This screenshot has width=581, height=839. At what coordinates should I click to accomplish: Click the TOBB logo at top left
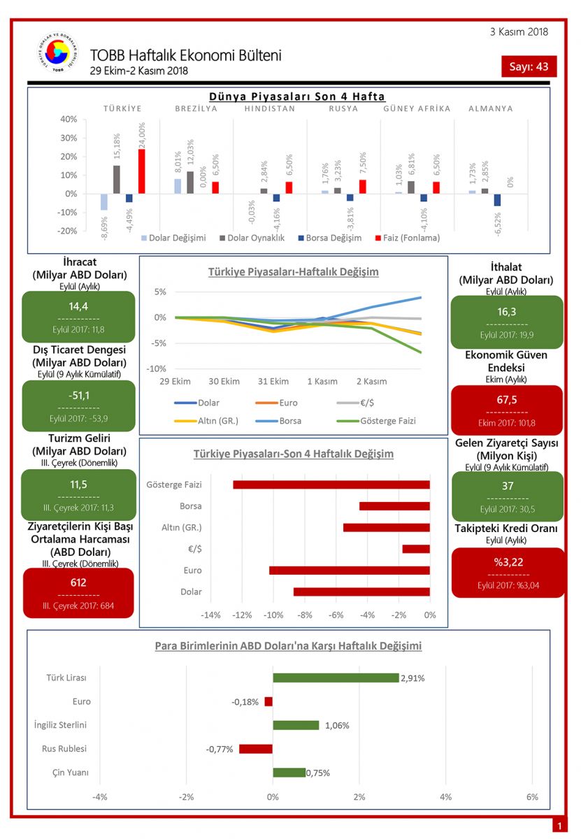coord(58,53)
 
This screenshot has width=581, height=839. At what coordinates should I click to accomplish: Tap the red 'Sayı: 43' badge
coord(529,66)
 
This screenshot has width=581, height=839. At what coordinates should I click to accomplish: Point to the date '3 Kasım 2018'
coord(519,31)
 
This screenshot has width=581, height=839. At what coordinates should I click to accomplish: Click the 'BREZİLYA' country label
coord(196,108)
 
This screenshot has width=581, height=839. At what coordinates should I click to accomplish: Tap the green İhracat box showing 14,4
coord(78,316)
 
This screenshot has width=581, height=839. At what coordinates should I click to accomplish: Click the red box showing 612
coord(78,592)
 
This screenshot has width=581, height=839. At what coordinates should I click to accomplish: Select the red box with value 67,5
coord(507,410)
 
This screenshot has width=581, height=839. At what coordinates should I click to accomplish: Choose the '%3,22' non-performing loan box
coord(508,572)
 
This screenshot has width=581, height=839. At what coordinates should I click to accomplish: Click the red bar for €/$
coord(416,549)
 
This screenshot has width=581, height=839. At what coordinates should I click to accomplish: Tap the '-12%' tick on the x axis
coord(242,615)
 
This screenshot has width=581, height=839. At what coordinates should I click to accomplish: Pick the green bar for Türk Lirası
coord(336,677)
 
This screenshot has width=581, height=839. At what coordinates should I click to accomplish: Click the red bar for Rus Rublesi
coord(256,749)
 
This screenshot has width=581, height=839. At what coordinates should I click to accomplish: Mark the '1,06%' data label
coord(337,726)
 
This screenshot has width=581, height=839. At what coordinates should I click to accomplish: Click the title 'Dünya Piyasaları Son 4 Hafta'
coord(297,96)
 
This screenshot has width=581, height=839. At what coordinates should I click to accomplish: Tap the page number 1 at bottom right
coord(559,826)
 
